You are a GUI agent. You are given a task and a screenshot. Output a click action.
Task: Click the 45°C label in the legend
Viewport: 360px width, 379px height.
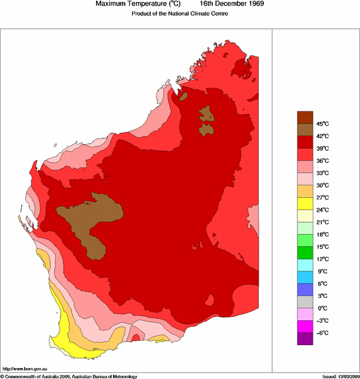click(321, 124)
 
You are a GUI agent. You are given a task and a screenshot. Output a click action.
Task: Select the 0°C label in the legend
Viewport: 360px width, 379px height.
click(321, 308)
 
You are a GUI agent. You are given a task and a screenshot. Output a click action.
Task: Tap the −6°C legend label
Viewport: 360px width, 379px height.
click(321, 333)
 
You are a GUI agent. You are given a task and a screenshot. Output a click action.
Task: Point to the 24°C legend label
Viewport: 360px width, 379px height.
click(321, 210)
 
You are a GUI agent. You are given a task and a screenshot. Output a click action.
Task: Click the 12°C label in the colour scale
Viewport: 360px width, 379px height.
click(321, 259)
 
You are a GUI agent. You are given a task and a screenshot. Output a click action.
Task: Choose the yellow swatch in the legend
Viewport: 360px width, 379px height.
click(305, 203)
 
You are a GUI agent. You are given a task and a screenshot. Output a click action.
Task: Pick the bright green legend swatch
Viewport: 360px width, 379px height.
click(305, 252)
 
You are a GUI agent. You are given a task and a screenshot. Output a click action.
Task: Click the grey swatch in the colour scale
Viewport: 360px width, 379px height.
click(305, 301)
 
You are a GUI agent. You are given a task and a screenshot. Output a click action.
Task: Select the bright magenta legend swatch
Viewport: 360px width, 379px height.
click(305, 326)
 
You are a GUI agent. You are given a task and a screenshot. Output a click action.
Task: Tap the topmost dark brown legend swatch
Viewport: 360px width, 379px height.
click(305, 117)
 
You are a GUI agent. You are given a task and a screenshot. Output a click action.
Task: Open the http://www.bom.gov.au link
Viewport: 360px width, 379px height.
click(25, 368)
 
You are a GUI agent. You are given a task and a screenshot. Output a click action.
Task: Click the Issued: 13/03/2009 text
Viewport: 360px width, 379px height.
click(340, 376)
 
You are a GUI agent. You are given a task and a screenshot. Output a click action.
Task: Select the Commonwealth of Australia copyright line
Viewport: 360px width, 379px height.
click(69, 376)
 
